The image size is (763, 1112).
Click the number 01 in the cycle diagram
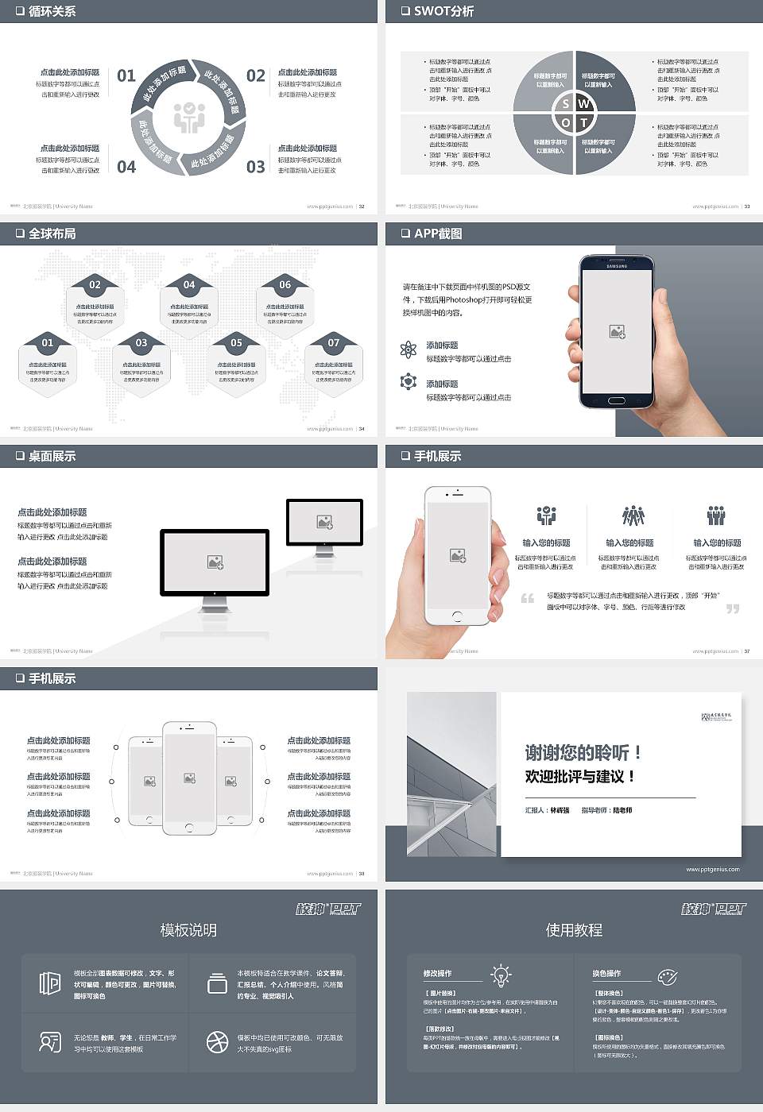pos(126,75)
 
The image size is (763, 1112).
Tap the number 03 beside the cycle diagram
pos(255,167)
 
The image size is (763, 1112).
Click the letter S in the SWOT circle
pos(565,104)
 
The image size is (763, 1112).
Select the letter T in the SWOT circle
pos(583,122)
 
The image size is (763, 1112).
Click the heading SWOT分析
pos(443,11)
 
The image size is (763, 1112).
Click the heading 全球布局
pos(52,234)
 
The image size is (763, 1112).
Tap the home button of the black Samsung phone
pos(617,400)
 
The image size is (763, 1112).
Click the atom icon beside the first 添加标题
pos(409,349)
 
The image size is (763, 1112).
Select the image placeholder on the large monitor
pos(215,562)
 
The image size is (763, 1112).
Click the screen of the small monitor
pos(324,522)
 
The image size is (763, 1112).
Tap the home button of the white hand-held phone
pos(457,616)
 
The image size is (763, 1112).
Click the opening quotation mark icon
pos(528,598)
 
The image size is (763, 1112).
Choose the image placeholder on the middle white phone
pos(189,778)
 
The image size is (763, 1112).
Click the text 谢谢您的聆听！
pos(583,752)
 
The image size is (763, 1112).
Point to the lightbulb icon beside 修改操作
pos(501,974)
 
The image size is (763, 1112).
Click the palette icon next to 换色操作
pos(667,976)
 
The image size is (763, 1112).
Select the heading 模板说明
pos(188,930)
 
